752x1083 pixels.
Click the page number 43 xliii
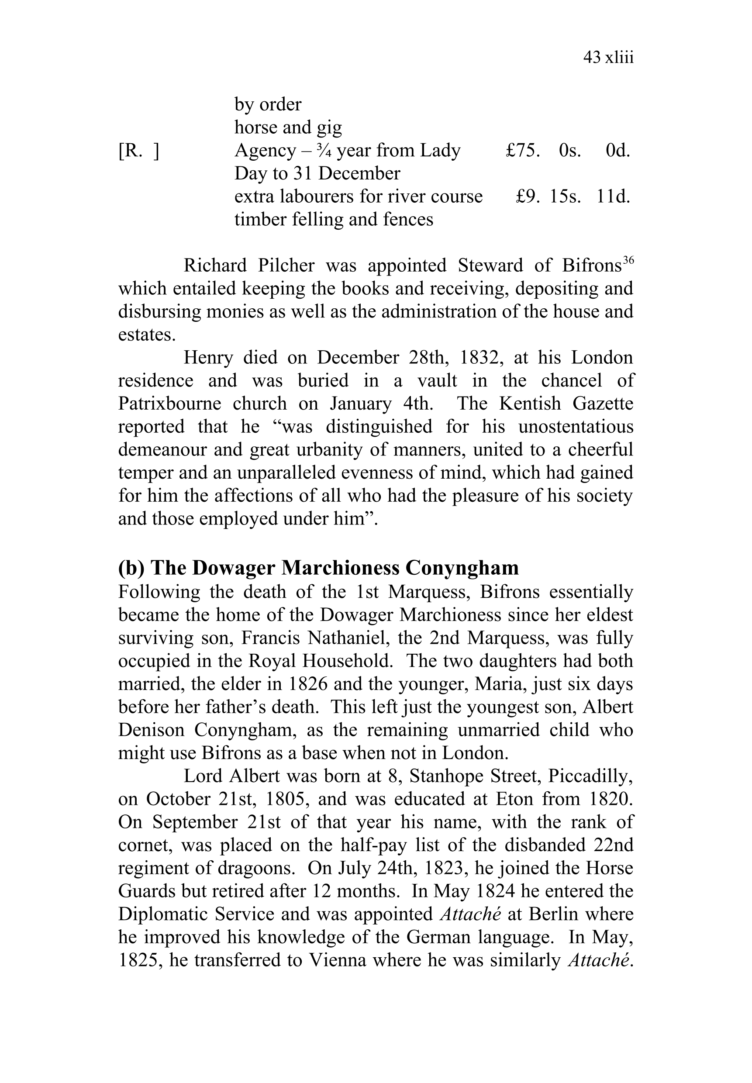click(608, 58)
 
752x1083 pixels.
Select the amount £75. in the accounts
click(523, 151)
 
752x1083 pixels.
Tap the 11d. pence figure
click(613, 197)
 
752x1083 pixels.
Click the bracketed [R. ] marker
click(138, 151)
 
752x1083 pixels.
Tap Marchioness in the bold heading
click(340, 568)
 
